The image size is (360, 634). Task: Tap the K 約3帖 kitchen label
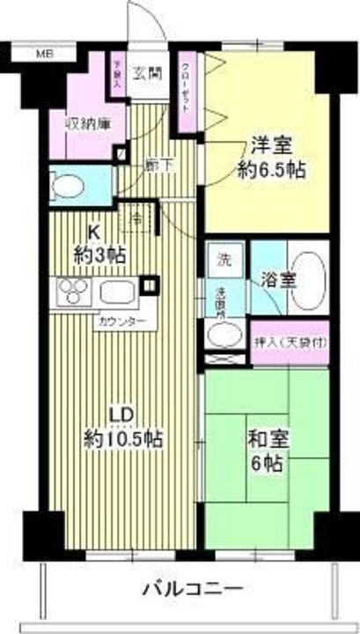pos(99,246)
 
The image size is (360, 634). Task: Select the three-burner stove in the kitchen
pos(74,290)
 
